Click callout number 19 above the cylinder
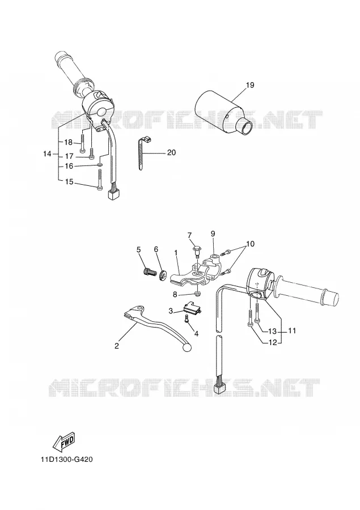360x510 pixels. pos(249,85)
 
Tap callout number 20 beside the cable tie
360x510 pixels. pos(171,152)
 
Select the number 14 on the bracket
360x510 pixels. pos(48,154)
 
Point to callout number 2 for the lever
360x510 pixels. pos(117,346)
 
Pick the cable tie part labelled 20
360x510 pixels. pos(142,153)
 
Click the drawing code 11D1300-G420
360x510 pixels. pos(67,460)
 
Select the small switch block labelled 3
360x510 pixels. pos(193,308)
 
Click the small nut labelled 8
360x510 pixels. pos(198,295)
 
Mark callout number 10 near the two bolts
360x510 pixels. pos(251,244)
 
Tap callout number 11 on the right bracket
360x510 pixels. pos(292,331)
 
